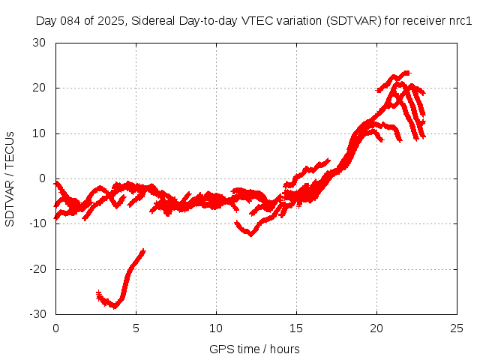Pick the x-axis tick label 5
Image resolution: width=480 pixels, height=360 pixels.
click(136, 328)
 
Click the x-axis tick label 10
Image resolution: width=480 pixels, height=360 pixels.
click(216, 328)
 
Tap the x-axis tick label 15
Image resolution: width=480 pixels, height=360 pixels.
click(296, 328)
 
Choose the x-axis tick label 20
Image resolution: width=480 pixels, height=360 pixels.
click(376, 328)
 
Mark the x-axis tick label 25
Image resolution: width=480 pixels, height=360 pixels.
click(457, 328)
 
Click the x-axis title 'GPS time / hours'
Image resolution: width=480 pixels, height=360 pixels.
click(256, 349)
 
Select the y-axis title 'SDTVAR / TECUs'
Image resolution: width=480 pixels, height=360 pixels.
click(10, 178)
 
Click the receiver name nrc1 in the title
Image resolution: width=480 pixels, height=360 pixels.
click(460, 21)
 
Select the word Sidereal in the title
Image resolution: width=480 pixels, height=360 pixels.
click(154, 21)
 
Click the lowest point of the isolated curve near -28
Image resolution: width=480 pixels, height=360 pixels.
click(115, 306)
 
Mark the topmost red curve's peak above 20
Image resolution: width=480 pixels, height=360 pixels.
click(407, 72)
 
